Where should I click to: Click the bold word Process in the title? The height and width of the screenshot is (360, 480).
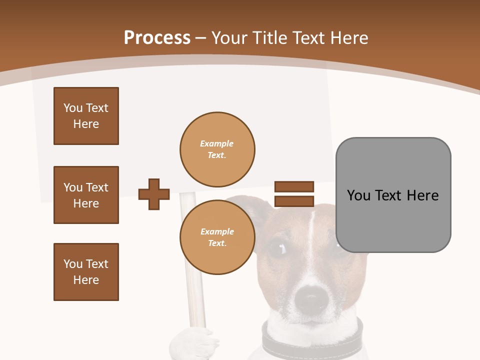[x=157, y=38]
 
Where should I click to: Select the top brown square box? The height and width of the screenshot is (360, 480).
[x=86, y=116]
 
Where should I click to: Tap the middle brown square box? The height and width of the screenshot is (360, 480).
[x=86, y=195]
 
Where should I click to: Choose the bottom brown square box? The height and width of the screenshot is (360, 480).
[x=86, y=272]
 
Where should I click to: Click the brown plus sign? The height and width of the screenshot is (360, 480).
[x=154, y=194]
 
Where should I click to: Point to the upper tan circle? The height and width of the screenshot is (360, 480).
[x=217, y=149]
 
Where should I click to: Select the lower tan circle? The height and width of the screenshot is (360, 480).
[x=217, y=237]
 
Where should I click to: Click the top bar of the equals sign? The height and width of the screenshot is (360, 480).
[x=294, y=186]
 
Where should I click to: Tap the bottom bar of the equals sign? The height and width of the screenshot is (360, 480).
[x=294, y=201]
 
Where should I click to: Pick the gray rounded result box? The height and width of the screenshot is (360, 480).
[x=393, y=195]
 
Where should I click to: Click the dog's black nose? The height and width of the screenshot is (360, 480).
[x=311, y=300]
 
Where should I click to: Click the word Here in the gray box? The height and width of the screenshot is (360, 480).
[x=422, y=195]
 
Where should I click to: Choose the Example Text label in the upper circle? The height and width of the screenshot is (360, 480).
[x=217, y=149]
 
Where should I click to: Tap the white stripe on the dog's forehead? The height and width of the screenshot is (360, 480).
[x=311, y=230]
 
